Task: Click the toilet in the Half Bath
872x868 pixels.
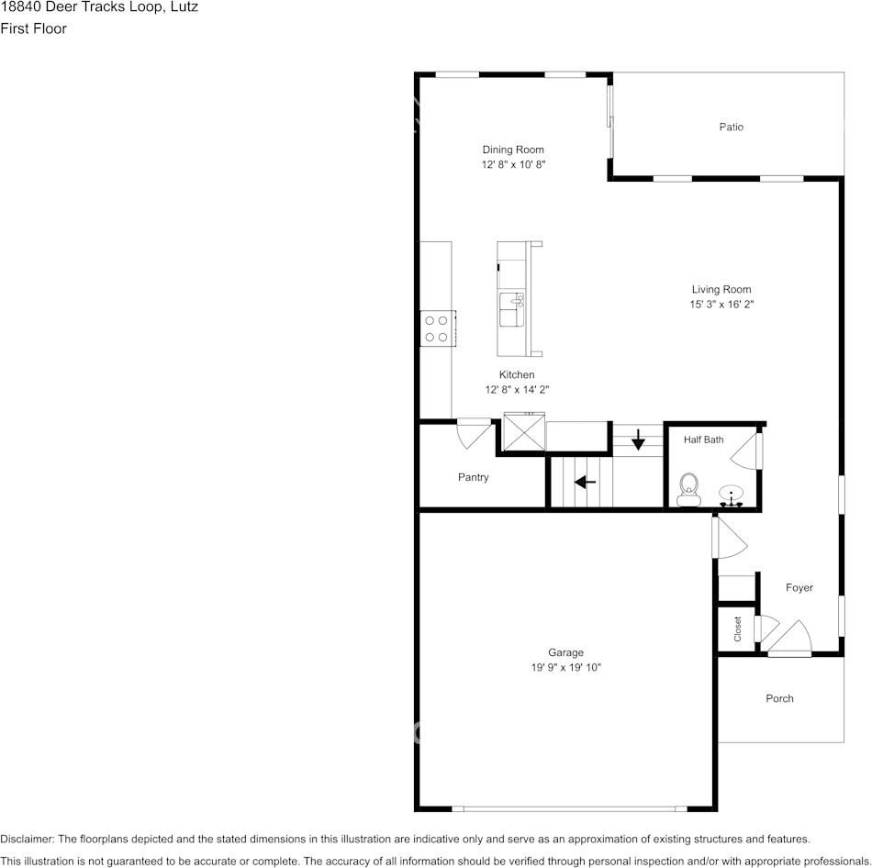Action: tap(688, 489)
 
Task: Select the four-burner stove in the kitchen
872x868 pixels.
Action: tap(438, 328)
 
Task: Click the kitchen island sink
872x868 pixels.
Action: tap(511, 310)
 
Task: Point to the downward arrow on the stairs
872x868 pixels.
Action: tap(638, 440)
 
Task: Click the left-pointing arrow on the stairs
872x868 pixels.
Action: tap(585, 482)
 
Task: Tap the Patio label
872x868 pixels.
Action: tap(731, 127)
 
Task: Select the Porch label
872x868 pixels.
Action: tap(779, 698)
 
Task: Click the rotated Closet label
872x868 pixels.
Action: tap(737, 629)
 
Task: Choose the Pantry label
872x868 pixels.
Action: tap(474, 477)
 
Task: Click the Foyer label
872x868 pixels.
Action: tap(799, 588)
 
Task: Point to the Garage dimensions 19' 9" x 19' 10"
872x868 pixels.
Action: tap(565, 667)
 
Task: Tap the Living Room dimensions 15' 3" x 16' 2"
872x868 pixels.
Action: tap(721, 304)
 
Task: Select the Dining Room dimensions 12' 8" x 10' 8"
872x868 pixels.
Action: tap(513, 164)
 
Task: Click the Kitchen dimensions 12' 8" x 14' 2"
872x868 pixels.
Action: tap(517, 390)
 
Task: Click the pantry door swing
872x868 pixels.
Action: tap(474, 434)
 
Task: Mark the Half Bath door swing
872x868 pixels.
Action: tap(746, 451)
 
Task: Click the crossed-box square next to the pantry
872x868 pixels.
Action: tap(524, 431)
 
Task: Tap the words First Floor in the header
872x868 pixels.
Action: tap(33, 28)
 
